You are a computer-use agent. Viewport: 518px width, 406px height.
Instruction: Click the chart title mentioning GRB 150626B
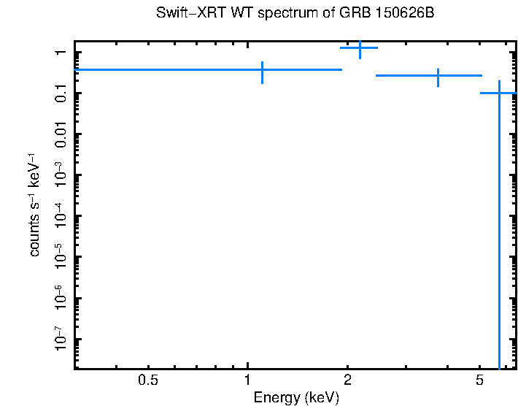click(x=295, y=14)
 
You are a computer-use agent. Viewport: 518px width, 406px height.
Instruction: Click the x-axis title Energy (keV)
click(x=295, y=398)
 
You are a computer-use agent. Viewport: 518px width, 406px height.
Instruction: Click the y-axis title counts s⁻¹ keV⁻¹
click(x=35, y=204)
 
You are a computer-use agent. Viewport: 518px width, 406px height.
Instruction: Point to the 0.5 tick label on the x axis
click(x=148, y=380)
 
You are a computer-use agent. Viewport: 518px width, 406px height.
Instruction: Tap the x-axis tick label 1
click(x=248, y=380)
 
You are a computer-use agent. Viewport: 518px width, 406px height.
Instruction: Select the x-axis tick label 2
click(x=347, y=380)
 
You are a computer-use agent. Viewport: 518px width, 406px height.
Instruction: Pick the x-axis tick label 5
click(x=479, y=380)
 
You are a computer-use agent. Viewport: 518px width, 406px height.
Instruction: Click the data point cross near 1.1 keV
click(x=262, y=70)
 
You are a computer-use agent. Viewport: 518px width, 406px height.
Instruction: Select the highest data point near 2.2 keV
click(x=360, y=47)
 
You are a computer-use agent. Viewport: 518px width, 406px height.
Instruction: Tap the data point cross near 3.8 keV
click(x=438, y=75)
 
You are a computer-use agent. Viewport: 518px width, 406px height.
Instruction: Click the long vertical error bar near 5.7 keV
click(x=499, y=234)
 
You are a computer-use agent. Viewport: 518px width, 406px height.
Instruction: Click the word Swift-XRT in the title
click(x=182, y=14)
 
